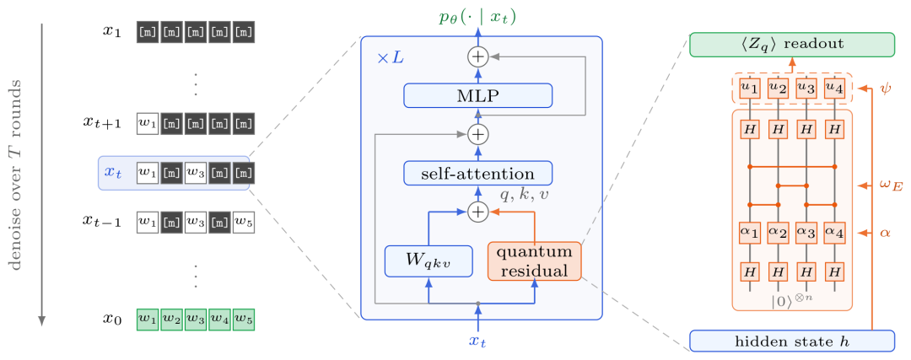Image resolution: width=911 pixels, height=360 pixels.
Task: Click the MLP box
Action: [x=477, y=95]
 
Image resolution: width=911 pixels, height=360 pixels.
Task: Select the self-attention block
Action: [x=477, y=173]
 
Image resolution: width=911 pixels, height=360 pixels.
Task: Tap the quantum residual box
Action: [x=534, y=261]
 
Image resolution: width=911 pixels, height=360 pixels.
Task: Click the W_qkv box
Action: [x=428, y=261]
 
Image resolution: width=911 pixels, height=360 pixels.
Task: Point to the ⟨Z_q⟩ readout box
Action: [x=792, y=45]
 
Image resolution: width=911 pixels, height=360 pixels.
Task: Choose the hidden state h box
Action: [x=792, y=341]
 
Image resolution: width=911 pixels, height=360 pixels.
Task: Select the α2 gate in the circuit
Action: [x=778, y=233]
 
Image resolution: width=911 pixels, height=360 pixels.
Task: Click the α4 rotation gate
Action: [x=835, y=233]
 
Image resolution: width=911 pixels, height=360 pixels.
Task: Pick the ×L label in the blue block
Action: [x=391, y=59]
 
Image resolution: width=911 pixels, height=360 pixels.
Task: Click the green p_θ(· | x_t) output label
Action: [x=477, y=18]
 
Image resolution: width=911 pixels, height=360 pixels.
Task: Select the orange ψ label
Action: [x=882, y=89]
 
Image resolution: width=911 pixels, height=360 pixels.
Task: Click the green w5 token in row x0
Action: [x=244, y=320]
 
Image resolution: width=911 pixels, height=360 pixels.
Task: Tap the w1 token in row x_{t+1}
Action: [x=148, y=123]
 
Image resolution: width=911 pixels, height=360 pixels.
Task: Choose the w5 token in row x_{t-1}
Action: [x=244, y=221]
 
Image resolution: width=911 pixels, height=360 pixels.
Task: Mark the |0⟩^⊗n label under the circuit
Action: [x=792, y=302]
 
